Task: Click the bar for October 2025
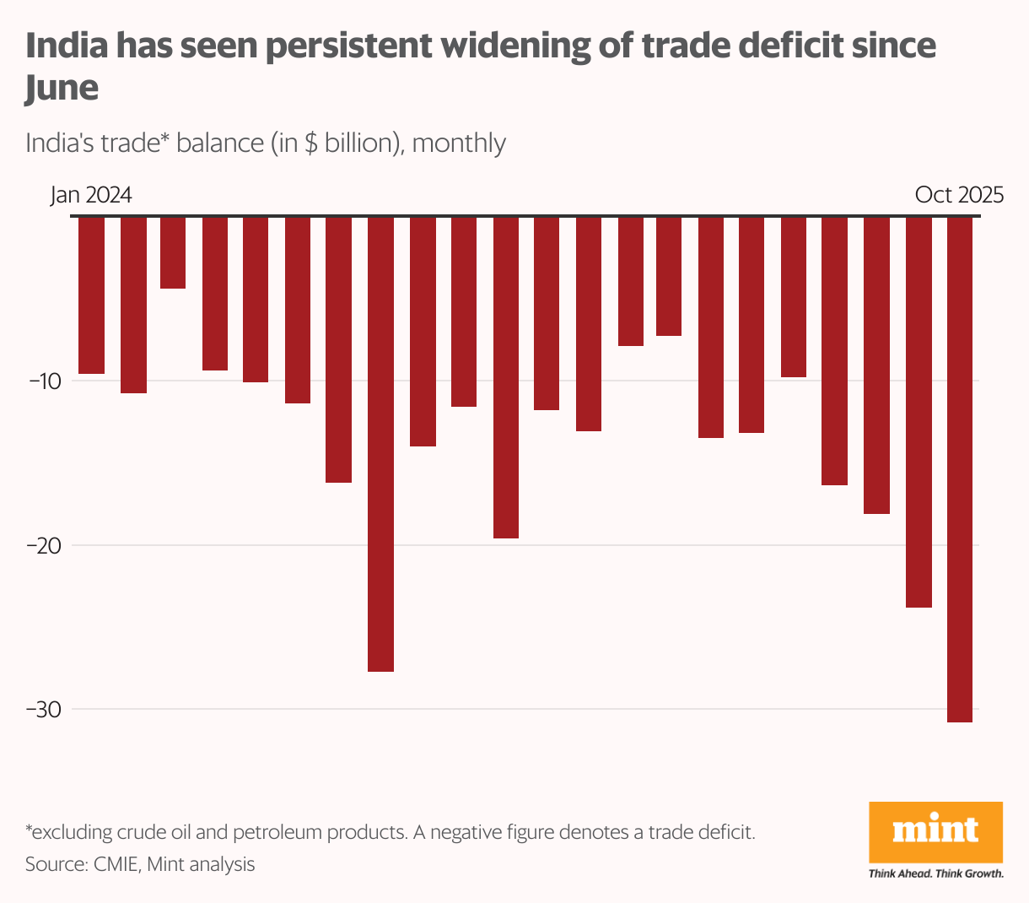[960, 469]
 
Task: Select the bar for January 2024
[91, 295]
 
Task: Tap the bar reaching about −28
[380, 444]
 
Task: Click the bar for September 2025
[919, 412]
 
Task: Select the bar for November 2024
[505, 377]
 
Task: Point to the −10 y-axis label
[44, 381]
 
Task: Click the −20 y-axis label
[44, 545]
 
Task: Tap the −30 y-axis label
[44, 709]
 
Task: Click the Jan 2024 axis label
[91, 195]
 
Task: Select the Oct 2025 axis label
[959, 195]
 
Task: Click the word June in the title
[62, 88]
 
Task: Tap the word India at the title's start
[67, 45]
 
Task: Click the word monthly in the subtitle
[459, 143]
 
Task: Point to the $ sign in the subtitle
[310, 143]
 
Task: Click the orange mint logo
[935, 831]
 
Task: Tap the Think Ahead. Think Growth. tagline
[935, 873]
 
